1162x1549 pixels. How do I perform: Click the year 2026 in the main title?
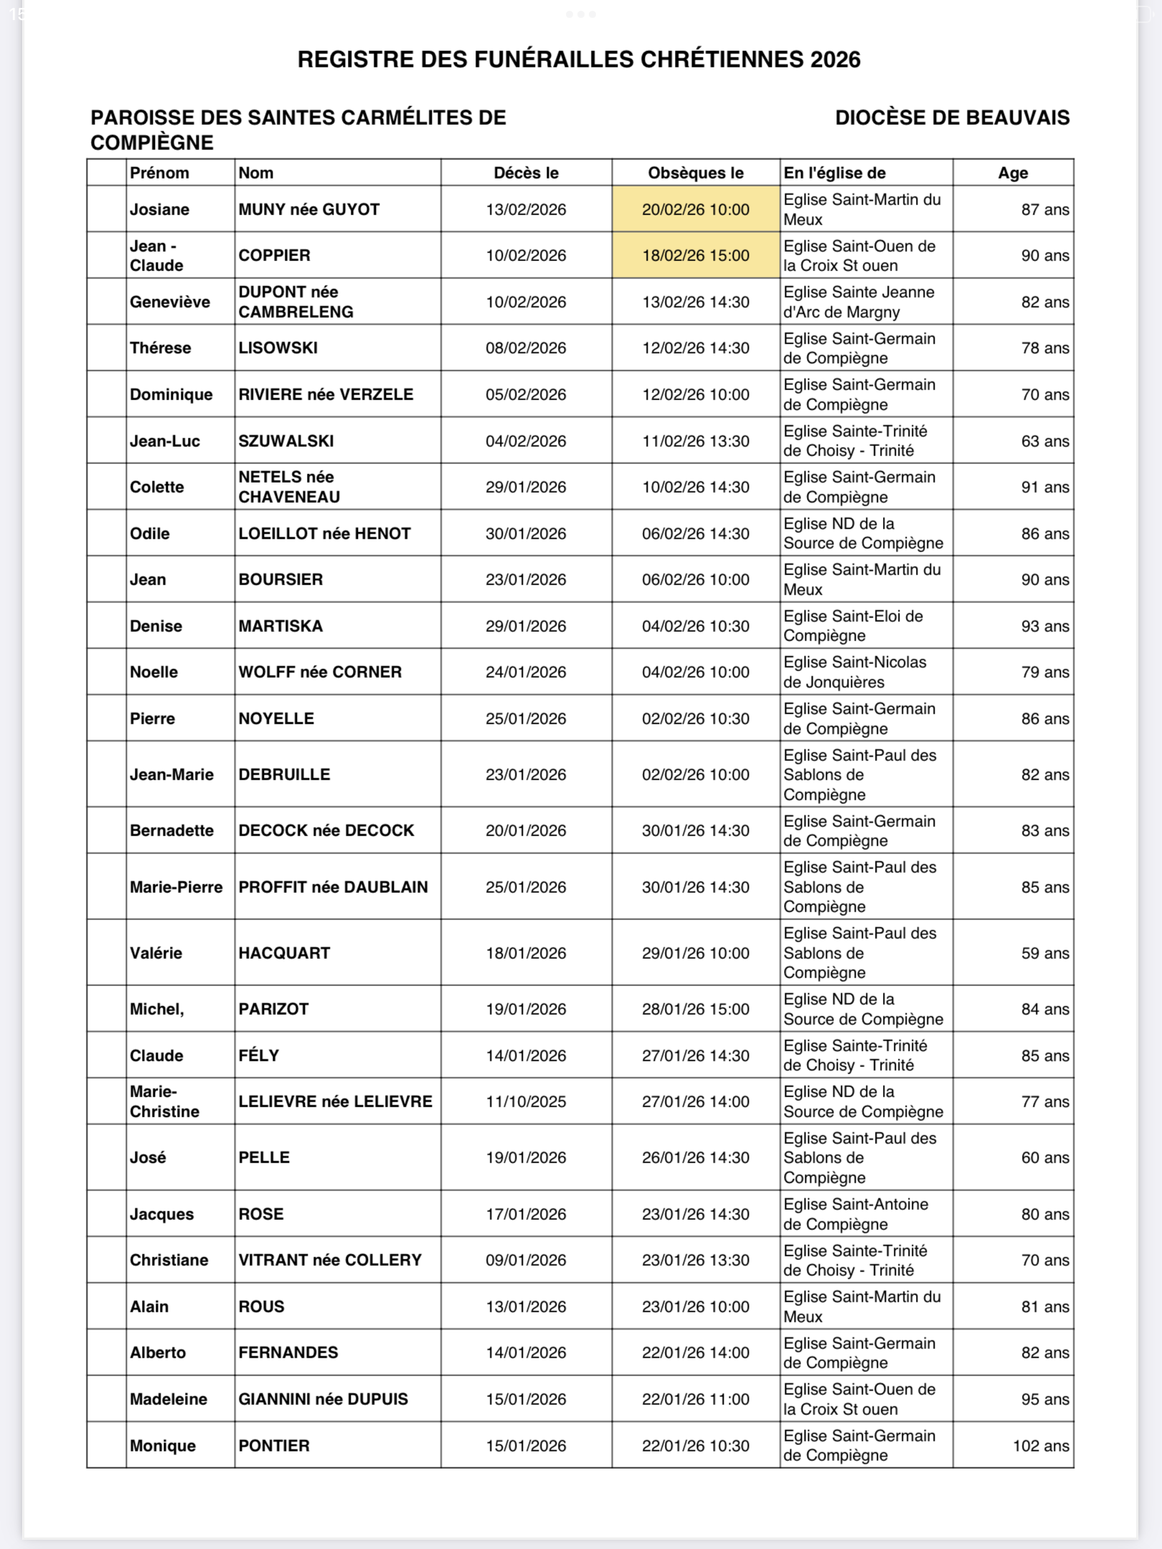click(x=835, y=60)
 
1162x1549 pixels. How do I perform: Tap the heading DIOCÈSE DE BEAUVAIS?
click(x=952, y=118)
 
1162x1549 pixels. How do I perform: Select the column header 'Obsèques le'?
click(x=695, y=173)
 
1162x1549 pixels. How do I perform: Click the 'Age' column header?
click(x=1013, y=173)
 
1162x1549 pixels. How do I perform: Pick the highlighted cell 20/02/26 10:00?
click(x=695, y=209)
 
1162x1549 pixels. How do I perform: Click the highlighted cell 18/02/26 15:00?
click(x=695, y=255)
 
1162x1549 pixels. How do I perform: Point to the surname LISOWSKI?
click(x=278, y=348)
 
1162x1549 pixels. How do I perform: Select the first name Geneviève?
click(x=170, y=302)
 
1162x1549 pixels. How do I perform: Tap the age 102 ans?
click(x=1040, y=1446)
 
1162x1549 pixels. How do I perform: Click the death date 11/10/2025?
click(x=526, y=1102)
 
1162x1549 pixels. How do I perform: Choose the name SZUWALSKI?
click(x=286, y=441)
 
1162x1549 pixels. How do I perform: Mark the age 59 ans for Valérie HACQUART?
click(x=1045, y=953)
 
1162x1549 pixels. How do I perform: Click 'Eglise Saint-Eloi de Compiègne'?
click(x=853, y=625)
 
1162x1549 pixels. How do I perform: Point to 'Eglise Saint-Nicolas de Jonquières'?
click(x=854, y=672)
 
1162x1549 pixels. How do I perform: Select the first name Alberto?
click(x=158, y=1353)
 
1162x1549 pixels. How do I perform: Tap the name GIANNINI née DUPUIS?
click(x=323, y=1399)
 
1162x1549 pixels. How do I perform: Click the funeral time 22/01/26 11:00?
click(x=695, y=1399)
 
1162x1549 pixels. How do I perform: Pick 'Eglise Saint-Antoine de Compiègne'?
click(x=856, y=1214)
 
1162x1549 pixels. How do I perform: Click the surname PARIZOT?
click(x=273, y=1009)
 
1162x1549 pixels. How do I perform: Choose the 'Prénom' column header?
click(x=159, y=173)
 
